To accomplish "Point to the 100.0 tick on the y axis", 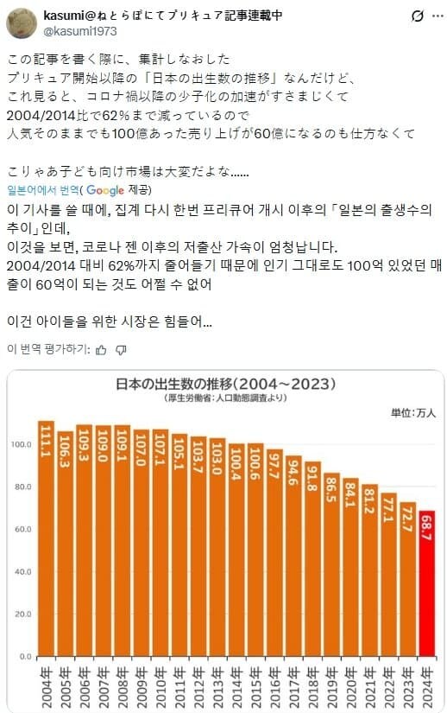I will pyautogui.click(x=22, y=444).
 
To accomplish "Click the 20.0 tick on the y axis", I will pyautogui.click(x=23, y=614).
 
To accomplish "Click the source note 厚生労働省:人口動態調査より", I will pyautogui.click(x=226, y=398).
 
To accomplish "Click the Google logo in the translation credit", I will pyautogui.click(x=105, y=190).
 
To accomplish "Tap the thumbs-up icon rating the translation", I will pyautogui.click(x=101, y=349).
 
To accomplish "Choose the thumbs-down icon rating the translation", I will pyautogui.click(x=121, y=349).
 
